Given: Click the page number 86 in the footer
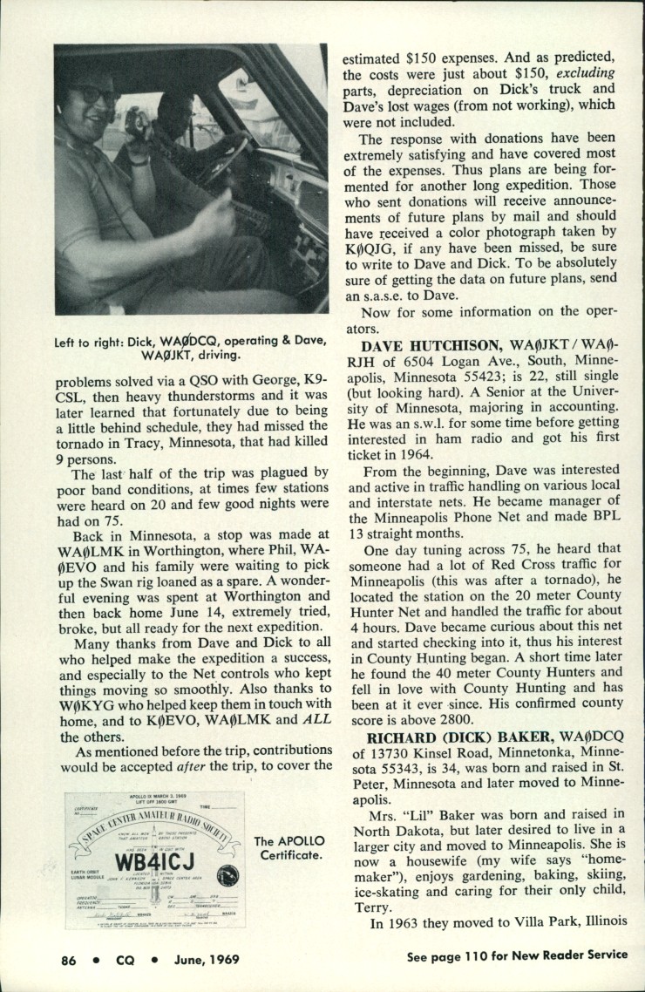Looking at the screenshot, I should [x=68, y=960].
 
